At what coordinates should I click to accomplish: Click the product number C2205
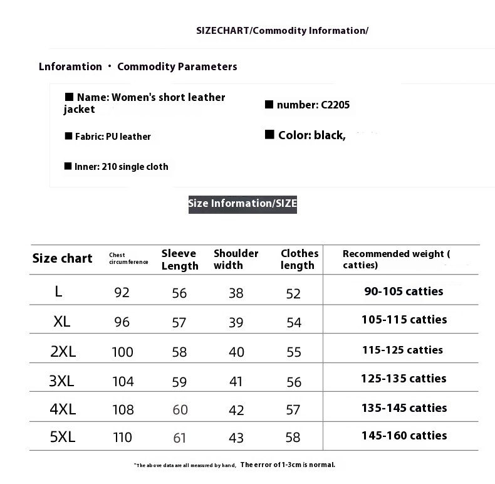(335, 105)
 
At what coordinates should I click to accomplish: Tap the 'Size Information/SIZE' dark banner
(242, 203)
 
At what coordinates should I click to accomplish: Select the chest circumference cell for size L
(122, 292)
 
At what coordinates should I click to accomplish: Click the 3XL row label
(61, 381)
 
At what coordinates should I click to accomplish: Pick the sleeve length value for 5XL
(180, 438)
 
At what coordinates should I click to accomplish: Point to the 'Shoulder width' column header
(236, 259)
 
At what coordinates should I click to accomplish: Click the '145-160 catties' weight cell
(404, 436)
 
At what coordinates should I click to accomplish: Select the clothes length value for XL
(294, 322)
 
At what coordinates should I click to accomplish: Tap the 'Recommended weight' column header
(396, 259)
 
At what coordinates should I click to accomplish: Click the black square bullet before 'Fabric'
(68, 135)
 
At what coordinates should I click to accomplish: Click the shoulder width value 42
(236, 409)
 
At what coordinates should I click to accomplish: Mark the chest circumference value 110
(122, 438)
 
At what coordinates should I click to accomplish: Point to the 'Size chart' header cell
(62, 258)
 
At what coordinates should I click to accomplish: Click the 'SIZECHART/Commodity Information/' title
(282, 31)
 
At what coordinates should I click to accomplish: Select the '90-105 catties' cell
(404, 291)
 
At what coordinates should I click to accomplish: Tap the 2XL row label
(63, 351)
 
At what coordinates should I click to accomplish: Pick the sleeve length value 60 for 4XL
(180, 409)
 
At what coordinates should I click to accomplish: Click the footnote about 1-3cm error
(235, 465)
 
